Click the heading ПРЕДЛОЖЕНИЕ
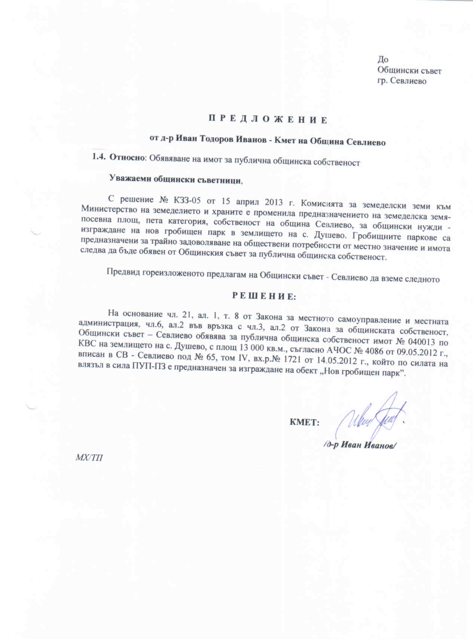268,120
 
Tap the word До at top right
383,60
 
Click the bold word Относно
127,158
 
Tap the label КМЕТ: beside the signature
304,423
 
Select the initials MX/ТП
89,458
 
